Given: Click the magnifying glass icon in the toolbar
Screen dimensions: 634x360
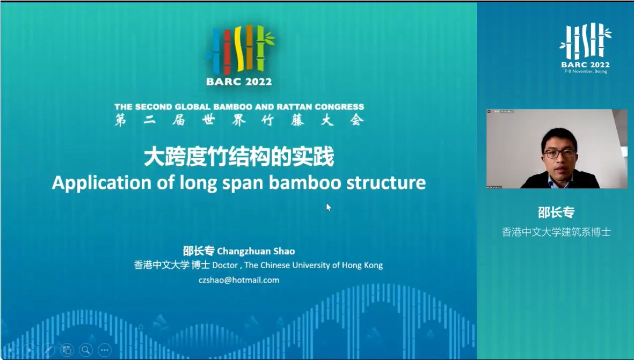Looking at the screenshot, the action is (x=86, y=349).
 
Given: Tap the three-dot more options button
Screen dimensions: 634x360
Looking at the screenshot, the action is (x=105, y=349).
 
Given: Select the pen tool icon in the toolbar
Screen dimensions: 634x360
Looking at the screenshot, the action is (x=48, y=349).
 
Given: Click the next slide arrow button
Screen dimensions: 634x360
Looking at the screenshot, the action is (x=28, y=349).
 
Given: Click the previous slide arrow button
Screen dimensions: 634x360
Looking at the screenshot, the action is (x=10, y=349).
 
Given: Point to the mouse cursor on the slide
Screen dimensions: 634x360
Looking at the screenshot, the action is (x=329, y=207).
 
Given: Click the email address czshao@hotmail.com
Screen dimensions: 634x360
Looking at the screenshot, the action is (x=239, y=280).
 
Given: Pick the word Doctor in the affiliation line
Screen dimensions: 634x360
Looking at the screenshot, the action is (x=225, y=265).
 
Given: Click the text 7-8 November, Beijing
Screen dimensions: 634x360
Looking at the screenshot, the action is (x=586, y=71).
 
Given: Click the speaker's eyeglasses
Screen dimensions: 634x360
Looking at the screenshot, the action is (x=559, y=153).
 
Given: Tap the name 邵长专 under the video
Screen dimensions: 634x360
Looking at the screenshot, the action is (x=556, y=212).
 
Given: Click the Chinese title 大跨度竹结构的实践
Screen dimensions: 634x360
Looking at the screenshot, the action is (x=239, y=157).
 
